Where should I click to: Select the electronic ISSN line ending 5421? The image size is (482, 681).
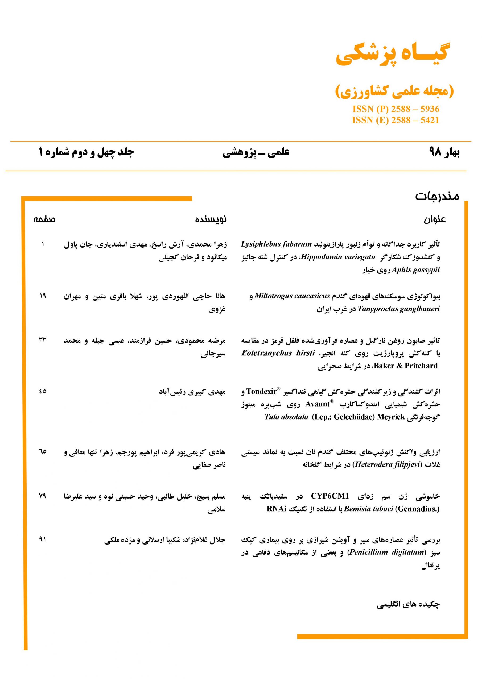pos(395,120)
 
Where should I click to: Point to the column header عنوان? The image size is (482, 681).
pos(435,220)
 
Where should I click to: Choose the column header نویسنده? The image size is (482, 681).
pos(211,220)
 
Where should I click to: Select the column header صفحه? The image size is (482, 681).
pos(44,220)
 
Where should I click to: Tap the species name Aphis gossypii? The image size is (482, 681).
pos(415,270)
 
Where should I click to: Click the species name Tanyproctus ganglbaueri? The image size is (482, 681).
pos(399,309)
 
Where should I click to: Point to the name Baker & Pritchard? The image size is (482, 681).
pos(406,366)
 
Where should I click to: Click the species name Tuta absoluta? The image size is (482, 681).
pos(286,417)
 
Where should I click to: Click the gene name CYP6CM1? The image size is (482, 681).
pos(330,496)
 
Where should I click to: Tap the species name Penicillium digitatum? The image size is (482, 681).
pos(387,552)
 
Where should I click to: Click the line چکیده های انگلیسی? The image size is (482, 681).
pos(408,604)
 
